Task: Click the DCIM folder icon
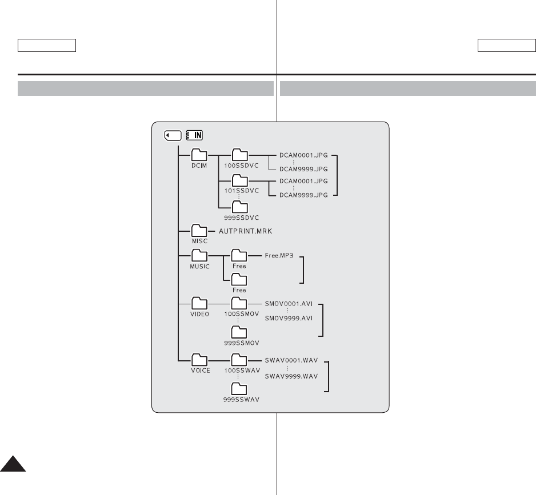[199, 155]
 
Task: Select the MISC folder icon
[199, 230]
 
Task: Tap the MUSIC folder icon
[199, 256]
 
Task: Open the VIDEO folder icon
[199, 303]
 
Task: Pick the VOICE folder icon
[199, 360]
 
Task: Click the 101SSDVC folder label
[239, 190]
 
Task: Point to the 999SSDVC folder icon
[239, 206]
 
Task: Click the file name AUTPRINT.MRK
[247, 231]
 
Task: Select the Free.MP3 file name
[279, 256]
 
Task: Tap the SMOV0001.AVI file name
[288, 305]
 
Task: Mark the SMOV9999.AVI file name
[288, 319]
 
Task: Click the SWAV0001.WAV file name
[291, 361]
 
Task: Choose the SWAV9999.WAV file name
[291, 376]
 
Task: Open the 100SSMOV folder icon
[239, 303]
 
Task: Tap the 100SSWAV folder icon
[239, 360]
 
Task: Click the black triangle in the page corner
[12, 464]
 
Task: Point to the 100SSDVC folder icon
[239, 155]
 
